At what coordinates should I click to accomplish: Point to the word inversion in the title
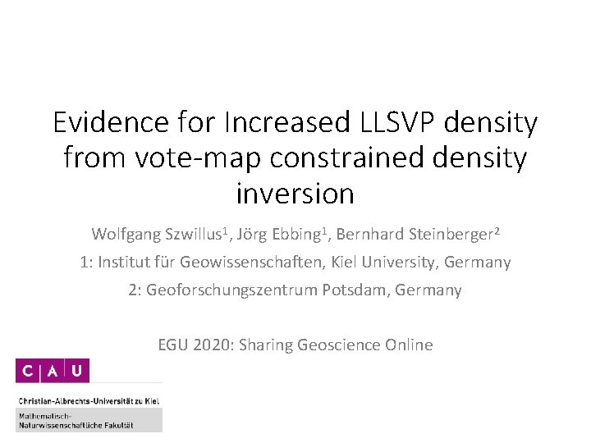[x=295, y=194]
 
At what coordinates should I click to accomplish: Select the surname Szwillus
[x=198, y=235]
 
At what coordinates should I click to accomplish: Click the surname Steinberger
[x=451, y=235]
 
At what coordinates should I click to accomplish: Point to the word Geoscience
[x=341, y=345]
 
